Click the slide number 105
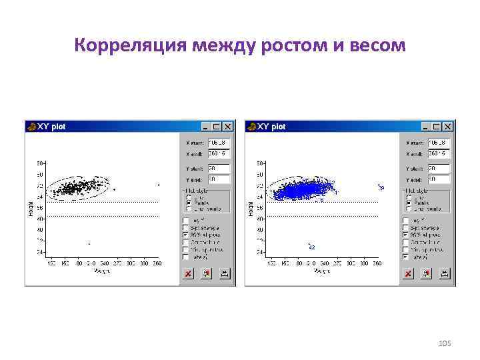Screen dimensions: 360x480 point(445,343)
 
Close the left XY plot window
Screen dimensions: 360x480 point(228,126)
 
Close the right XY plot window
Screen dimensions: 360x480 point(448,126)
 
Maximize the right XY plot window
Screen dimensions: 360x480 point(437,126)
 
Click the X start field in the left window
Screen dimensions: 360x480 point(219,143)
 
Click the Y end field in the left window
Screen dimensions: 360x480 point(219,179)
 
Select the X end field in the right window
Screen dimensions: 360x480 point(439,153)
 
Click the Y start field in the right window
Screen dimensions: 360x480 point(439,169)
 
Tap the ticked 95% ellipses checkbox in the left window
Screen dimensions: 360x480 point(186,235)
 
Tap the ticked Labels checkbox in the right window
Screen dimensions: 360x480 point(406,257)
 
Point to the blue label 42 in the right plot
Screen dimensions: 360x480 point(311,247)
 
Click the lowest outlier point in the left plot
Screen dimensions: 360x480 point(89,243)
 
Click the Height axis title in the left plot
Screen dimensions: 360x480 point(31,208)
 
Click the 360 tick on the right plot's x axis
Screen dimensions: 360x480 point(378,265)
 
